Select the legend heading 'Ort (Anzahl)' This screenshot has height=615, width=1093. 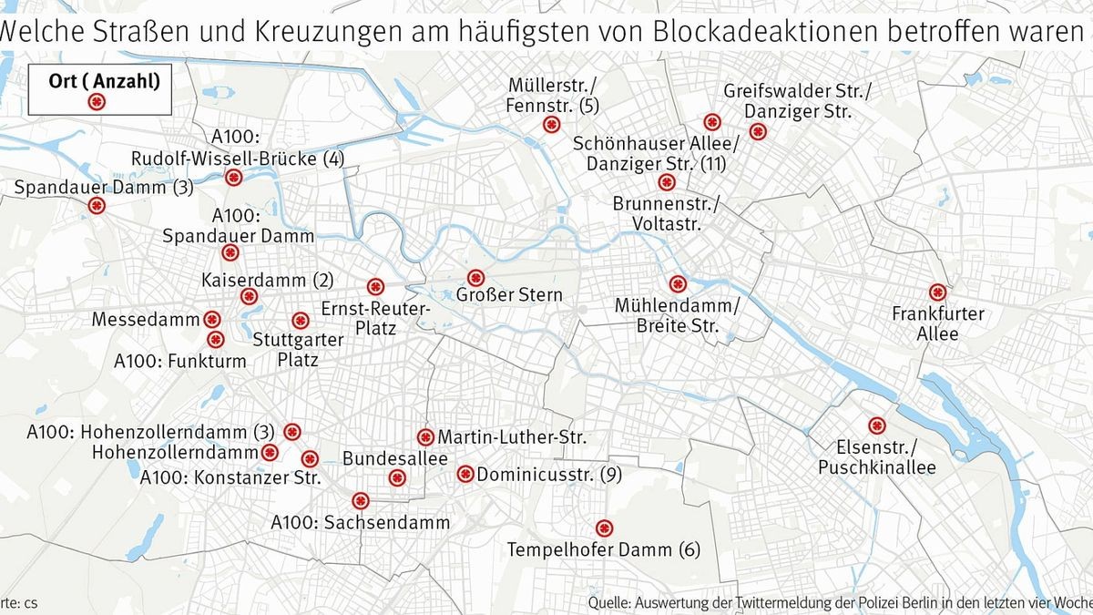104,79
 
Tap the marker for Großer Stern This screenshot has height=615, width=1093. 475,278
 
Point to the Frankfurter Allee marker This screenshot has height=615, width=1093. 937,292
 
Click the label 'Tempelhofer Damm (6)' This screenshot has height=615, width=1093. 603,549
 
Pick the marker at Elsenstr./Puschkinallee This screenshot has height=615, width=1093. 877,425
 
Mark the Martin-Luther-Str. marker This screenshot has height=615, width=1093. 425,436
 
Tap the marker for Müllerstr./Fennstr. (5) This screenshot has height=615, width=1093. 550,125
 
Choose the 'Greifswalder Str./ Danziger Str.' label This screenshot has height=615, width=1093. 797,102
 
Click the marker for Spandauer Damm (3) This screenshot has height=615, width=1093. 96,208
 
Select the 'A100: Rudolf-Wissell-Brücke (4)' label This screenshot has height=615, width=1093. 237,149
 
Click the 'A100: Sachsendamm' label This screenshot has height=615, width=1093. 361,523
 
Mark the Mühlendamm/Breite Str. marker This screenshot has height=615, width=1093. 677,283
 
